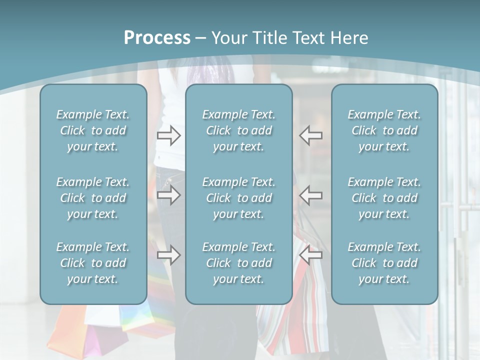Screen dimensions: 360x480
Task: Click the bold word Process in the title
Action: click(x=157, y=38)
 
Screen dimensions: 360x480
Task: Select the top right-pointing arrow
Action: click(x=168, y=135)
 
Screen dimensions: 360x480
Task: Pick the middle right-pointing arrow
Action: click(x=168, y=195)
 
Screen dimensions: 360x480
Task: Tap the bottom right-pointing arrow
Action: click(x=168, y=255)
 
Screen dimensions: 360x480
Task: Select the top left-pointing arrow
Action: click(x=311, y=135)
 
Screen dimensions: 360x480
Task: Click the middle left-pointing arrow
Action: click(x=311, y=195)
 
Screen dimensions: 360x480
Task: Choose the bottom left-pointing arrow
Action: click(x=311, y=255)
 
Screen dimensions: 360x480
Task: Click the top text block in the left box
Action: click(x=93, y=130)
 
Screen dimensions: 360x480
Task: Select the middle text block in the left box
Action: click(x=93, y=198)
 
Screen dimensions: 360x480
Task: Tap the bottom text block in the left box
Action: click(x=93, y=263)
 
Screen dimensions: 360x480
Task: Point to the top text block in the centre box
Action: click(x=239, y=130)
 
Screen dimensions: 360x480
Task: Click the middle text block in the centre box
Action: click(x=239, y=198)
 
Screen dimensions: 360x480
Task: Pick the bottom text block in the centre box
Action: click(x=239, y=263)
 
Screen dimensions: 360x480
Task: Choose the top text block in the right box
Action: click(x=384, y=130)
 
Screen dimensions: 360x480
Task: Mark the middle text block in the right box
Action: click(x=384, y=198)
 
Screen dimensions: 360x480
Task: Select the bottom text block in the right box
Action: click(x=384, y=263)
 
